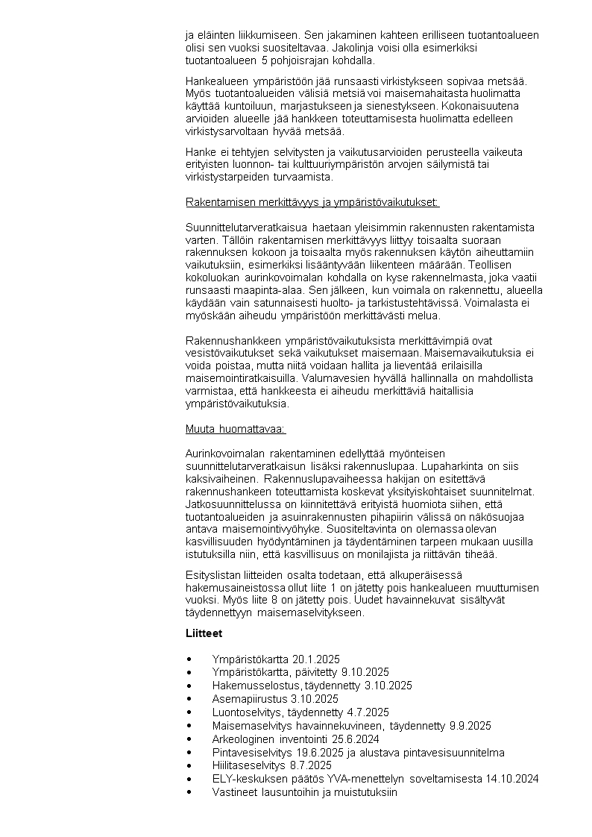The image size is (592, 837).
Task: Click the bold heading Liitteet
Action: click(204, 633)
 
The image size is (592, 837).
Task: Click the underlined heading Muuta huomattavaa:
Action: click(235, 429)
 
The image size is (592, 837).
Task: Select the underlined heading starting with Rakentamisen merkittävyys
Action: click(312, 201)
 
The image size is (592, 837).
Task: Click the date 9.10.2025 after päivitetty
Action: click(361, 672)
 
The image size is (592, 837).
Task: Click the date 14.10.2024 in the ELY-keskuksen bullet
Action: click(508, 779)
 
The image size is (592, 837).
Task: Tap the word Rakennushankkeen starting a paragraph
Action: click(230, 340)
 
